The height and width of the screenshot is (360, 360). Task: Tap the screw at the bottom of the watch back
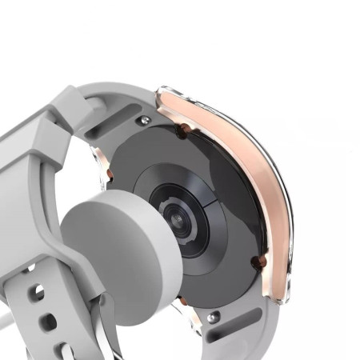pyautogui.click(x=213, y=317)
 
